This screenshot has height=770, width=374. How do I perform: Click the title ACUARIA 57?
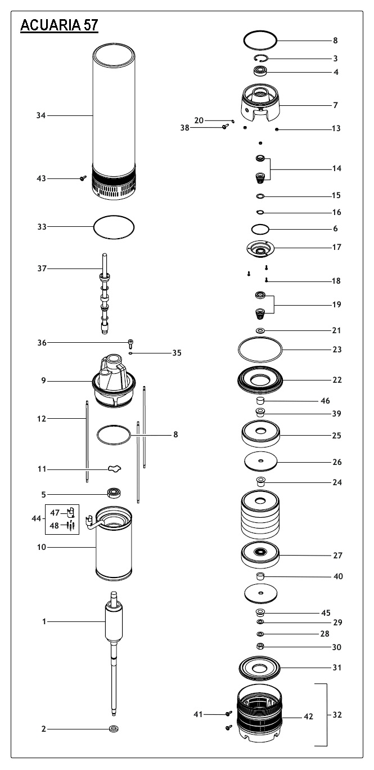59,26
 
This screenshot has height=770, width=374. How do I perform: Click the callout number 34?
40,115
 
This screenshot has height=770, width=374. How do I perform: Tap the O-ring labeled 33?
114,227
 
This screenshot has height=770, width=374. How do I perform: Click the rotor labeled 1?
114,625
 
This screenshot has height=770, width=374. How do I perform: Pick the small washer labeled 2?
114,729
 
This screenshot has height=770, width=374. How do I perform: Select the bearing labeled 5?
115,495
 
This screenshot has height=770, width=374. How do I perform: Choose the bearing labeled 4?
261,71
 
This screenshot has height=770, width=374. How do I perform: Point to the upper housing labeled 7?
260,104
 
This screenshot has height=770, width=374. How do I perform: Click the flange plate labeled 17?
262,248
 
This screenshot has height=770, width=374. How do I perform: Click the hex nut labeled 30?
260,647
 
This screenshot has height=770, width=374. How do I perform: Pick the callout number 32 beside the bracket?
337,715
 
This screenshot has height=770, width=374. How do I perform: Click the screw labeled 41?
229,714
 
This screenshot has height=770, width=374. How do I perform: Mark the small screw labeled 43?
83,178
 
